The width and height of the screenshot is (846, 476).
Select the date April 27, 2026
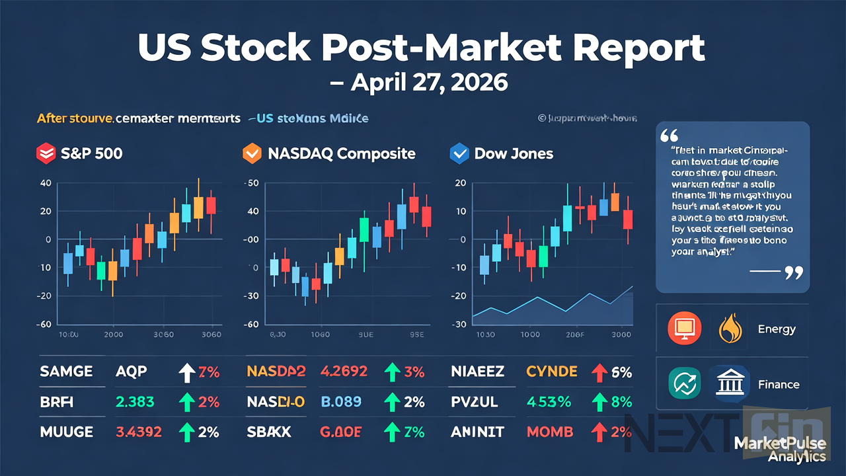(423, 83)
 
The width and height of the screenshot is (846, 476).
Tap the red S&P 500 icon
(44, 154)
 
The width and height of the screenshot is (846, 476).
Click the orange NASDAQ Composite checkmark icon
(252, 154)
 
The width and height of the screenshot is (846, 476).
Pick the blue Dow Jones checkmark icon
(459, 154)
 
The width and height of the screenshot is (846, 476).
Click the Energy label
(777, 329)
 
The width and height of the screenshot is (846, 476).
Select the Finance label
(778, 384)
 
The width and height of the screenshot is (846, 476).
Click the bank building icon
(730, 384)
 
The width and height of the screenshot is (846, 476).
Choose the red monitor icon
(685, 329)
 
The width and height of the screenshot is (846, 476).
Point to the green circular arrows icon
(685, 384)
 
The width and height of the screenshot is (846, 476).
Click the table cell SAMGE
(66, 372)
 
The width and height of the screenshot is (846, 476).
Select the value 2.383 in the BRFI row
(135, 402)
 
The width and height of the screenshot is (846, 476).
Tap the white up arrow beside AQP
(188, 372)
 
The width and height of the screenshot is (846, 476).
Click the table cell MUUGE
(66, 432)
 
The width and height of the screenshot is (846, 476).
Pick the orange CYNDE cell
(553, 372)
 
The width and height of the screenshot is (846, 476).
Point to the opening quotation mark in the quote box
(670, 136)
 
